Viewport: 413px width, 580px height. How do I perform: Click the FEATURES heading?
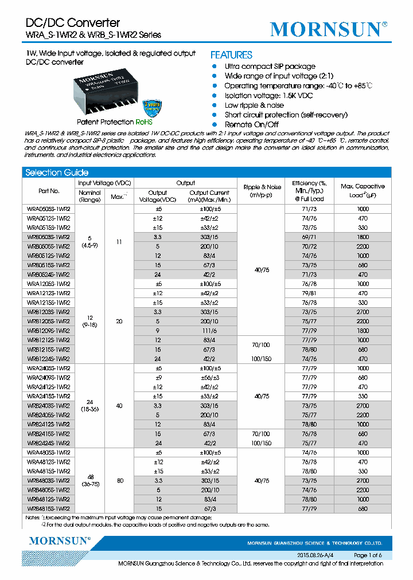pos(231,55)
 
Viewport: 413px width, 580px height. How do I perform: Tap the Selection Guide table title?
pos(57,173)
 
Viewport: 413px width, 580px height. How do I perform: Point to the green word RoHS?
pos(143,122)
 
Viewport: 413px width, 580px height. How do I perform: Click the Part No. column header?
pos(49,191)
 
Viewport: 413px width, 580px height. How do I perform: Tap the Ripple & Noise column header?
pos(262,191)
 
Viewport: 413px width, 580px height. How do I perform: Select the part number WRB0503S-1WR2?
pos(49,237)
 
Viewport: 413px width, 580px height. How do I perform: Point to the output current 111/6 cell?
pos(209,331)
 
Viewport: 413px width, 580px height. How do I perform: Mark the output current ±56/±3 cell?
pos(209,378)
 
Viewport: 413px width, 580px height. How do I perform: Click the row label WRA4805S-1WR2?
pos(49,453)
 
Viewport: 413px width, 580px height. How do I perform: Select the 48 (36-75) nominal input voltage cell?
pos(89,480)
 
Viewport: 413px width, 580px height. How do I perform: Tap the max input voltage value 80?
pos(119,480)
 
